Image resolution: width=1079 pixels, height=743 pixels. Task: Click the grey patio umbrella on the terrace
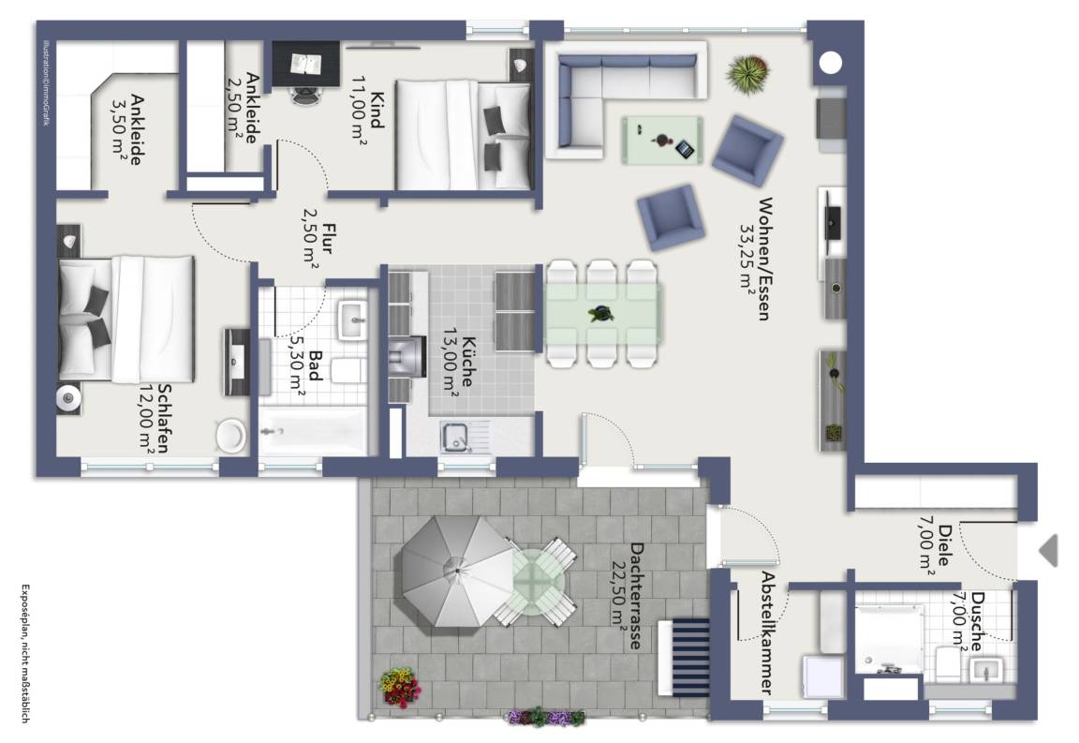tap(458, 571)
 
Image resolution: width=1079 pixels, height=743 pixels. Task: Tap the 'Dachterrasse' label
tap(637, 596)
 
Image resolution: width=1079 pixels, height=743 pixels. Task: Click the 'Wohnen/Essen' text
tap(764, 259)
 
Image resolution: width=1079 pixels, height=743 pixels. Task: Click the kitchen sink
tap(455, 437)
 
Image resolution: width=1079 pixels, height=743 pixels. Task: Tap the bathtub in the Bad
tap(313, 431)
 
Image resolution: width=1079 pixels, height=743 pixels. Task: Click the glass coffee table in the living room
tap(663, 141)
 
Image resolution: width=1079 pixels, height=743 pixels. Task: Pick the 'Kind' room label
tap(377, 110)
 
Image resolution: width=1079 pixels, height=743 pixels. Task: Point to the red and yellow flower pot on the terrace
tap(399, 687)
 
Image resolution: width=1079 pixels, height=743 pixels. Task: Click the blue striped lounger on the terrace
tap(684, 657)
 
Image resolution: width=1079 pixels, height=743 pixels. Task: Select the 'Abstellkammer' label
tap(768, 632)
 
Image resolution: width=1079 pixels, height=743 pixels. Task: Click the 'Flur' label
tap(328, 238)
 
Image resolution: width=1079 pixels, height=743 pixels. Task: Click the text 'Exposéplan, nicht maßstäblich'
tap(25, 653)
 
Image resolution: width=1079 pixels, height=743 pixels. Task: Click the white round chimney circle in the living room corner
tap(831, 63)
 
